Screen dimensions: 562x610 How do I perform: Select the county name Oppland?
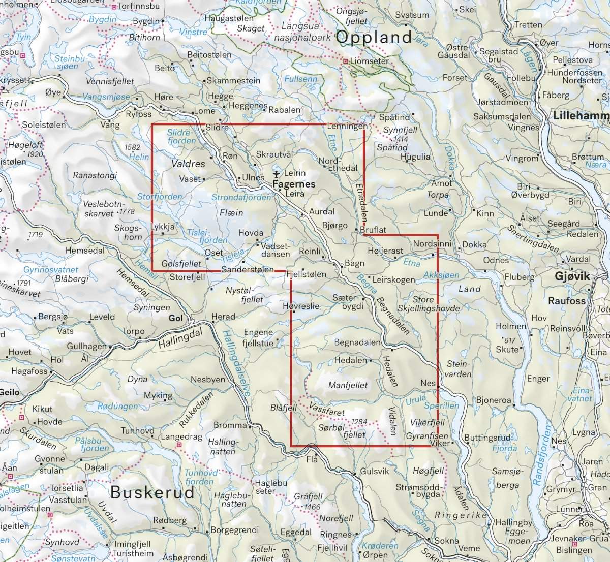pos(374,37)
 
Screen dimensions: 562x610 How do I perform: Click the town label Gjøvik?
pos(572,276)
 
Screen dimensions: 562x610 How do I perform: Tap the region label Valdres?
pos(188,164)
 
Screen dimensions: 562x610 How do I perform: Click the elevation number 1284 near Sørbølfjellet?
pos(359,422)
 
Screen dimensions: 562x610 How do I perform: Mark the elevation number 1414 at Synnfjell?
pos(401,139)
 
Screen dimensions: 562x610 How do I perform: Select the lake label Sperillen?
pos(441,405)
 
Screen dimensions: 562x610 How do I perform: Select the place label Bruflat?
pos(373,230)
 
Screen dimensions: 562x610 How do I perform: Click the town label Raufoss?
pos(566,301)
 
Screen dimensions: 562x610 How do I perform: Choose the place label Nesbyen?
pos(207,380)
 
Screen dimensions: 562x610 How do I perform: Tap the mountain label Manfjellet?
pos(348,385)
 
